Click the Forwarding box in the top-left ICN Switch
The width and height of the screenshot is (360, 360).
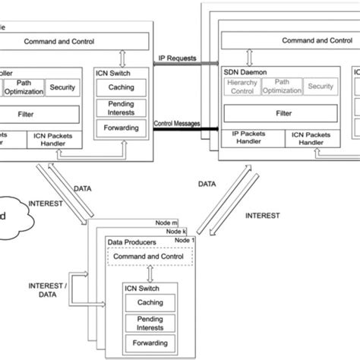(118, 128)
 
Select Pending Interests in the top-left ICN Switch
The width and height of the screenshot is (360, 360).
(118, 108)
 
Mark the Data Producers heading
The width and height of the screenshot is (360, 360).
(134, 242)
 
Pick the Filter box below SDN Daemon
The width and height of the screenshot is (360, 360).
(283, 114)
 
